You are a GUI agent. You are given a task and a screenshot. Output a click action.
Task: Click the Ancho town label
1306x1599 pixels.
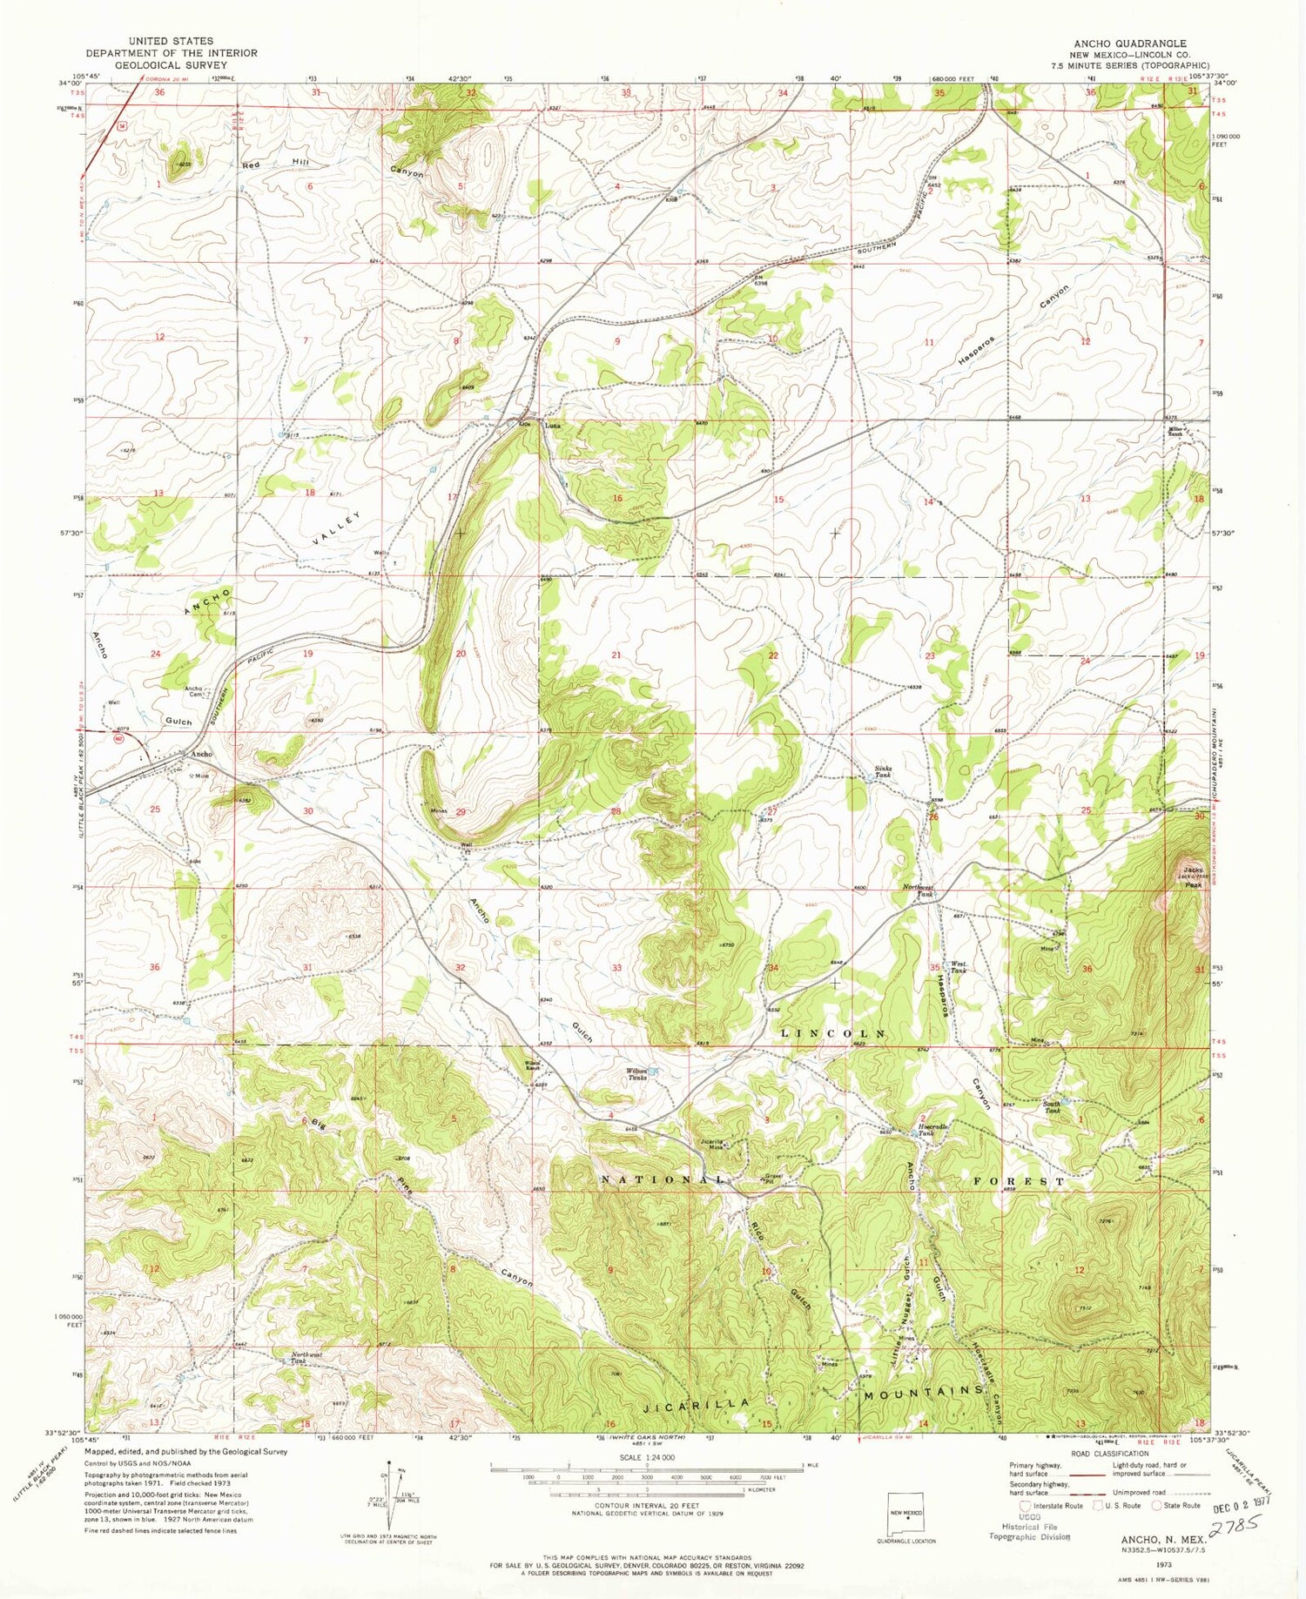point(201,754)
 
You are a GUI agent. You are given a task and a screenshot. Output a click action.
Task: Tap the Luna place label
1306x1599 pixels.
point(552,426)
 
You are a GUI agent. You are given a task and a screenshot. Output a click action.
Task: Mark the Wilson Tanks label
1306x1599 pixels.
point(637,1074)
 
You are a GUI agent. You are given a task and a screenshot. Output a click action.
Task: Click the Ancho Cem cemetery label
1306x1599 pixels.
point(193,691)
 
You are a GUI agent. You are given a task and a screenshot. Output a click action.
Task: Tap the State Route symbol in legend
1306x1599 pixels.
point(1175,1505)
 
